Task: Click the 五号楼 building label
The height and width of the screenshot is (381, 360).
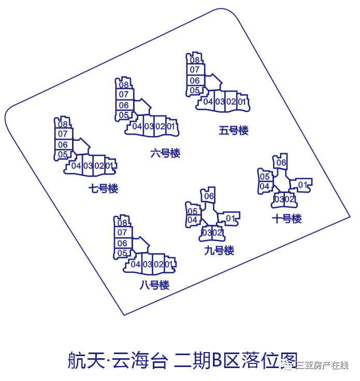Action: coord(234,130)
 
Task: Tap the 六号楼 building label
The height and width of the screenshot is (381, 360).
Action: coord(165,153)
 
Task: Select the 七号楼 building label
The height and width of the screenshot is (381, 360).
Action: coord(103,188)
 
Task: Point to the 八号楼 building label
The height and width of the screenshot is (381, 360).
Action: coord(154,285)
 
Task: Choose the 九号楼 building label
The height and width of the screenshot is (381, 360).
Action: coord(219,250)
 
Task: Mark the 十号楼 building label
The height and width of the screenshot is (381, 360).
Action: coord(287,218)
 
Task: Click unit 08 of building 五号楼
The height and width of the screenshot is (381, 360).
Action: coord(195,60)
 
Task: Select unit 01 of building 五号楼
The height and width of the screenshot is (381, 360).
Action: coord(241,101)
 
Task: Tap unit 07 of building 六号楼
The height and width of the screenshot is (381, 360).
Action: coord(124,94)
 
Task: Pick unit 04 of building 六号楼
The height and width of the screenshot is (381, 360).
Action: coord(137,126)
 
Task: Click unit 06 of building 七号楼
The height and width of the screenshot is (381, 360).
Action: coord(63,144)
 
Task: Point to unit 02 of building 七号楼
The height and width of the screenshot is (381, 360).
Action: coord(99,166)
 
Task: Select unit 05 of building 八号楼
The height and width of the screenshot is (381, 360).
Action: coord(122,253)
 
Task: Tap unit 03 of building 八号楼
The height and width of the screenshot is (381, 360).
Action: coord(148,264)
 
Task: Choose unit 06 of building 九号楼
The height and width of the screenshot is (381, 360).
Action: coord(209,196)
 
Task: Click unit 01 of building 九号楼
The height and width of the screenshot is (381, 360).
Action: coord(231,218)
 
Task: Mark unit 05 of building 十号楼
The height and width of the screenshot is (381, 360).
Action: coord(265,177)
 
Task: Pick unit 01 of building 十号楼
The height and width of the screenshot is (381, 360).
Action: coord(303,185)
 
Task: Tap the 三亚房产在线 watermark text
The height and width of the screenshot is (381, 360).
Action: coord(322,365)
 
